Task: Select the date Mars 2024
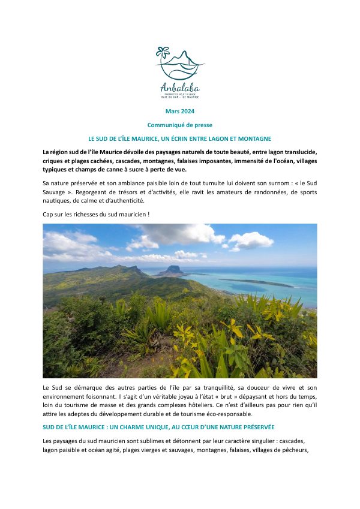pos(179,112)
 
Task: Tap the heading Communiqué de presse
pos(179,125)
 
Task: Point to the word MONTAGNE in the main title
pos(255,138)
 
